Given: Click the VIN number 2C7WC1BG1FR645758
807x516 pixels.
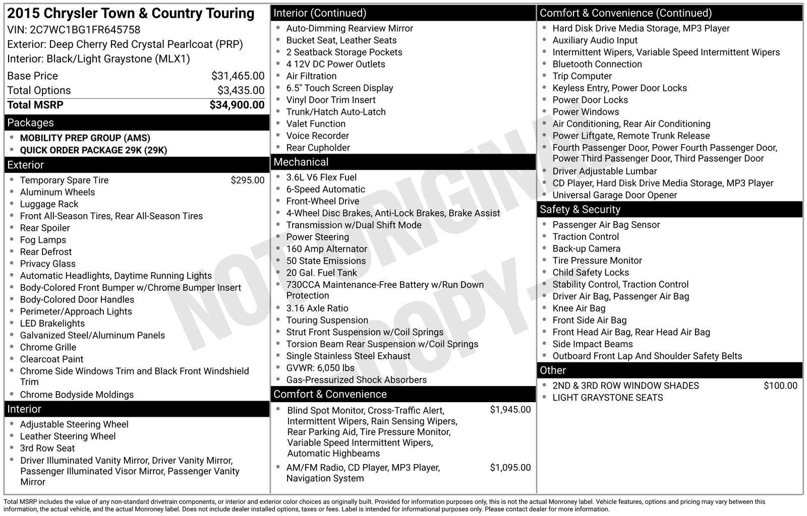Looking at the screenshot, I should tap(85, 30).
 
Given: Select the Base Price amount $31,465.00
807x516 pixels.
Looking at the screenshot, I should tap(238, 76).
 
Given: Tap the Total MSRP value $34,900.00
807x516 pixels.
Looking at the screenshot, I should tap(237, 105).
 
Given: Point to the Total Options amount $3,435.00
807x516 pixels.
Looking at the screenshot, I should tap(241, 91).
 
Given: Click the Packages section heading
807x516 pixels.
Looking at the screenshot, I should tap(30, 123).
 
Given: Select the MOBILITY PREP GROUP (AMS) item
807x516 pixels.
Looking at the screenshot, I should tap(85, 138).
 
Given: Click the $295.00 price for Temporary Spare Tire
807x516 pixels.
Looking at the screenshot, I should tap(247, 180).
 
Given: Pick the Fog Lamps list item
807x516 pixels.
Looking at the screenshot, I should tap(43, 240).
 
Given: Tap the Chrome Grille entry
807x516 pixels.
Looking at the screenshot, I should tap(48, 347).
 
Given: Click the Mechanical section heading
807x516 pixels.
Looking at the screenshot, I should tap(301, 162).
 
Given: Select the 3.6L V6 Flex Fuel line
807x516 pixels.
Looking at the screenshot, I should tap(321, 177).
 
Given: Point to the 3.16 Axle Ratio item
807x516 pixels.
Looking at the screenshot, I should tap(317, 308).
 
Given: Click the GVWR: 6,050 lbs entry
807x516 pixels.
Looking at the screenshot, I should tap(320, 368).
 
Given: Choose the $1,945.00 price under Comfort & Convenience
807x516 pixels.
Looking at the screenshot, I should tap(510, 410).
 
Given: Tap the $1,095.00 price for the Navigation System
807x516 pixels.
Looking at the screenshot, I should tap(510, 468).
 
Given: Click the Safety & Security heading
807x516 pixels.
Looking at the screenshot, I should tap(580, 210).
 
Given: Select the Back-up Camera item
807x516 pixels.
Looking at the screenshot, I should tap(586, 248).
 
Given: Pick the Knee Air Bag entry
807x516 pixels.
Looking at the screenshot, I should tap(579, 308).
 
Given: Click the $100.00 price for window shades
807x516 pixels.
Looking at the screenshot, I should tap(780, 386).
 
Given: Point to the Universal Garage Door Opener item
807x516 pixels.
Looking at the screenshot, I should tap(614, 195).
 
